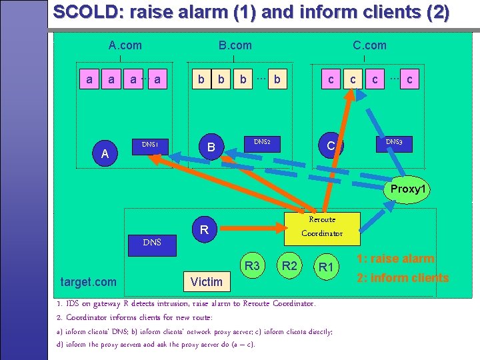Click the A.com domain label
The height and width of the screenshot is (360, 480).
pyautogui.click(x=125, y=45)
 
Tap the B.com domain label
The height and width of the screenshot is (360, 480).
pyautogui.click(x=235, y=45)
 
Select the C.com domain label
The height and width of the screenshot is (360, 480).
pyautogui.click(x=369, y=45)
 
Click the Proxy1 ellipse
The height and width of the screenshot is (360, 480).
pyautogui.click(x=407, y=189)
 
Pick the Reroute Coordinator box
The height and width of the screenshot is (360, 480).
pyautogui.click(x=322, y=226)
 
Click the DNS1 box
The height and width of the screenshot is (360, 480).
pyautogui.click(x=150, y=144)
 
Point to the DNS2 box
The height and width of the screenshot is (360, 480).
pyautogui.click(x=261, y=141)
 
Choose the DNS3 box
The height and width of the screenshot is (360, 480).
pyautogui.click(x=393, y=142)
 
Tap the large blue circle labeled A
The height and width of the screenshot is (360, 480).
pyautogui.click(x=105, y=155)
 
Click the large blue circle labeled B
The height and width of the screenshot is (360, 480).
pyautogui.click(x=211, y=147)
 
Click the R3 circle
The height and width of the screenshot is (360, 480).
pyautogui.click(x=252, y=267)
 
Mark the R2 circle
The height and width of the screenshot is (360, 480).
pyautogui.click(x=289, y=267)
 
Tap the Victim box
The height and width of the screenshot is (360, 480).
pyautogui.click(x=207, y=281)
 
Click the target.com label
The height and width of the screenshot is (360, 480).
pyautogui.click(x=88, y=281)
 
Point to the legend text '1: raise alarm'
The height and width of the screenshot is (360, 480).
pyautogui.click(x=395, y=259)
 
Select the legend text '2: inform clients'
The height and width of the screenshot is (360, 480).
pyautogui.click(x=402, y=277)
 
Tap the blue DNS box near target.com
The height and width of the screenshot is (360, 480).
pyautogui.click(x=152, y=242)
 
